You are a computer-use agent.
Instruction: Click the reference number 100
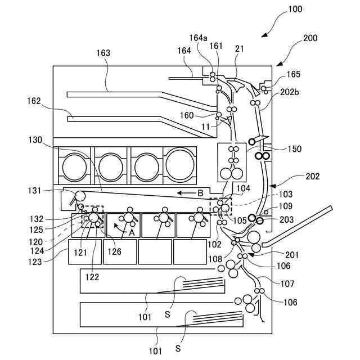tap(295, 9)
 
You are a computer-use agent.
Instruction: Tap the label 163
tap(103, 53)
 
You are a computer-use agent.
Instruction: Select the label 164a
tap(198, 38)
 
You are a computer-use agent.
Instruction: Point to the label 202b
tap(290, 92)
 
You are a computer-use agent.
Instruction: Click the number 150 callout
tap(295, 149)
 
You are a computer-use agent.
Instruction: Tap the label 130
tap(35, 140)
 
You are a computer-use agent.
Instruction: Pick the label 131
tap(34, 190)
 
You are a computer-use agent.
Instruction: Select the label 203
tap(286, 220)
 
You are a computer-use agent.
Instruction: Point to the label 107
tap(287, 283)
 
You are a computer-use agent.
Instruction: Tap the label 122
tap(92, 277)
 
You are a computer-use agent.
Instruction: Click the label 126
tap(114, 251)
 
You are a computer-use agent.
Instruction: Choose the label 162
tap(34, 101)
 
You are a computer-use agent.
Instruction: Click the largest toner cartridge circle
tap(180, 164)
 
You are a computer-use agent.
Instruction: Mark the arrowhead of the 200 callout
tap(279, 64)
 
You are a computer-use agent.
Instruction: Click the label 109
tap(285, 206)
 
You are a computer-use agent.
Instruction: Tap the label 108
tap(215, 259)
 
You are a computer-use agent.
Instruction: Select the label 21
tap(239, 49)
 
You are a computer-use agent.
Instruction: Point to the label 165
tap(293, 74)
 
